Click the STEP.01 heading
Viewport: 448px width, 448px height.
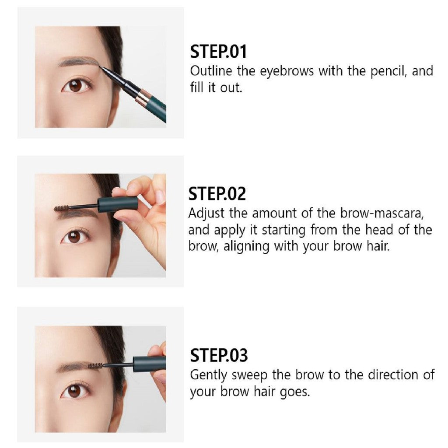218,52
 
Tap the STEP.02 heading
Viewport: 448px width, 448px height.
217,193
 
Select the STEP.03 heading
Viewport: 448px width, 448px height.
219,355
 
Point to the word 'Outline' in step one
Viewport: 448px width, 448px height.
211,71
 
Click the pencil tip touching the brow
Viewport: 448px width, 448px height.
100,67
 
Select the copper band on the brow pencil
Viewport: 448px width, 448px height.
143,96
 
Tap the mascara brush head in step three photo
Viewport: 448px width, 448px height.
95,365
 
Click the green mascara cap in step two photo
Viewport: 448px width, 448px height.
118,203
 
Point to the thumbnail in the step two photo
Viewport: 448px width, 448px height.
160,197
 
